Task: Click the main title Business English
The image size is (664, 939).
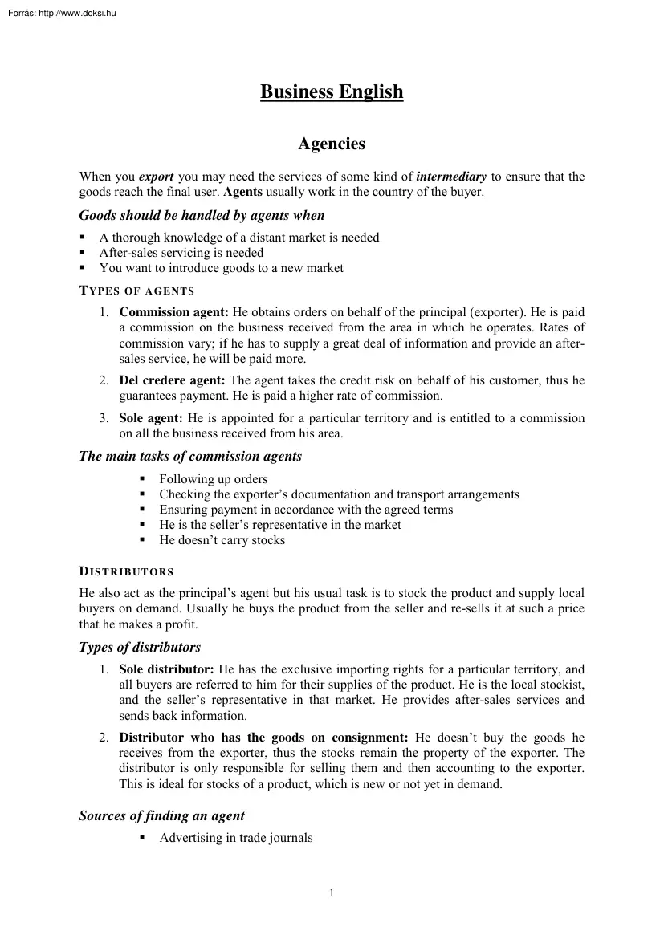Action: (332, 92)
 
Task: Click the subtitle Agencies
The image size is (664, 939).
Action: (332, 144)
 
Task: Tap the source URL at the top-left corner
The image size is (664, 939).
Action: (60, 12)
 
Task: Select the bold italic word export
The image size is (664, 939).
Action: (157, 177)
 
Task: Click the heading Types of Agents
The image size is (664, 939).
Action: (136, 291)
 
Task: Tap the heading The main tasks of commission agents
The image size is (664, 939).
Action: (190, 457)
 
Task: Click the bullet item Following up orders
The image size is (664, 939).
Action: (213, 479)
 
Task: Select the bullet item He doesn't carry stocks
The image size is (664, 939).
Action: (222, 540)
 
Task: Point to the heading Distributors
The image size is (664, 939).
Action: (126, 572)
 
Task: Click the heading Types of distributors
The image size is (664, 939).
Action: (140, 647)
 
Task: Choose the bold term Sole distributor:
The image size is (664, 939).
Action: (167, 669)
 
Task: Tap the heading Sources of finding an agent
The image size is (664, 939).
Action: (161, 816)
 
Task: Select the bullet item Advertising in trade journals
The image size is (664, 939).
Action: (235, 838)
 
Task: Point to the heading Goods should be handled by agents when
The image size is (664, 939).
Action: (202, 215)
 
